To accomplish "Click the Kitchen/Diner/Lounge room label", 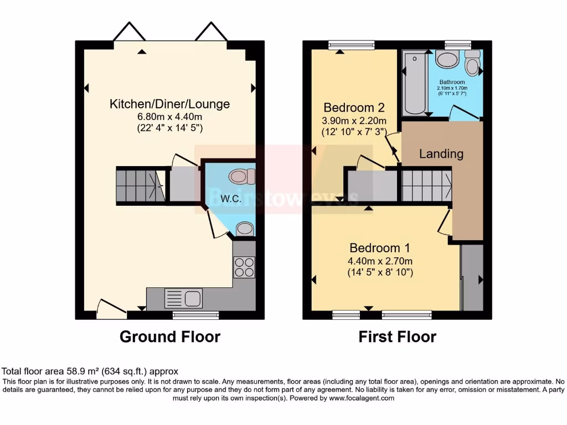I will (169, 104).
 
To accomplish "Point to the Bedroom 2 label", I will (354, 107).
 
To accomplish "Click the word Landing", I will (441, 154).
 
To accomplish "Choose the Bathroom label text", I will (452, 82).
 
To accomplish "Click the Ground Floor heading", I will (169, 336).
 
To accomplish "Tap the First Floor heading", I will (397, 336).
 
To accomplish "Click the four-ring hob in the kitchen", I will (244, 267).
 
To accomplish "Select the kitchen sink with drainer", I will (183, 299).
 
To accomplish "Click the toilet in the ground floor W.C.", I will (242, 177).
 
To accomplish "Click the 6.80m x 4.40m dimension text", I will (169, 117).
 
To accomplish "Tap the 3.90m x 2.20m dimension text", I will (354, 121).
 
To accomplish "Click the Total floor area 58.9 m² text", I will (90, 371).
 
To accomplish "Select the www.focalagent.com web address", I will (362, 398).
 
